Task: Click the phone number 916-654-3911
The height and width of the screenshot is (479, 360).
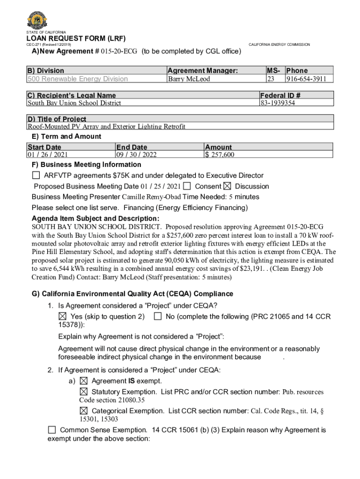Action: coord(306,79)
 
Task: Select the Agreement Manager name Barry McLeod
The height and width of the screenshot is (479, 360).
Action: coord(189,79)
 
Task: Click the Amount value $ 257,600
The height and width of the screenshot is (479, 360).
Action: coord(220,155)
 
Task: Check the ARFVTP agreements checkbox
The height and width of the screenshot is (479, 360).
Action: coord(36,175)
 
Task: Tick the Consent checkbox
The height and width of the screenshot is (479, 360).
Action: coord(187,186)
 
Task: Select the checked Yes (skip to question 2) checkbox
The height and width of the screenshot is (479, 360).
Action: coord(63,316)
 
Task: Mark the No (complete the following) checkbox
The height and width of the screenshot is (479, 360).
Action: coord(158,316)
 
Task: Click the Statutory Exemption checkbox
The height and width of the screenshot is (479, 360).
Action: coord(84,391)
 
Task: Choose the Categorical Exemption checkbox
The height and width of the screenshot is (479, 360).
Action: coord(84,411)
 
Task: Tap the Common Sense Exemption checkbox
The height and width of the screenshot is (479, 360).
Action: coord(52,429)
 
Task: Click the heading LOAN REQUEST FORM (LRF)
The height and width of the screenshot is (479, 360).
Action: coord(76,38)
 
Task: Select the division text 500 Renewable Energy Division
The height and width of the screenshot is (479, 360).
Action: coord(78,79)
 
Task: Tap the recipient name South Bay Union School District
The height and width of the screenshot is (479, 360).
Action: coord(74,103)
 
